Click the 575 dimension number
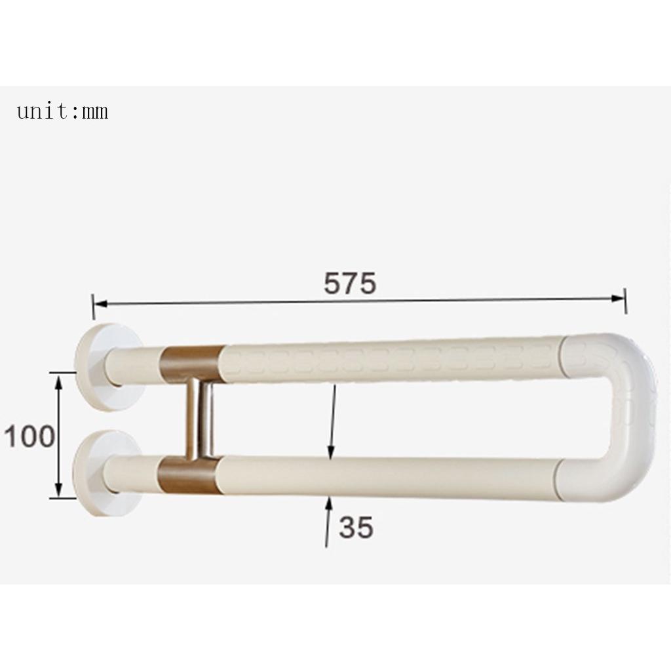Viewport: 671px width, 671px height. coord(350,283)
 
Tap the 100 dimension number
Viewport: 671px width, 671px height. coord(29,436)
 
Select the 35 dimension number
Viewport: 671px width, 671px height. coord(356,527)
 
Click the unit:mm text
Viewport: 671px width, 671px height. coord(62,111)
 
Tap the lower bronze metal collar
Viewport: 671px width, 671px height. coord(190,475)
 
